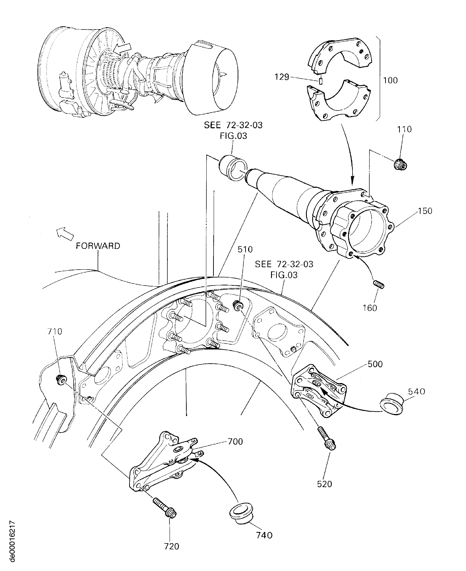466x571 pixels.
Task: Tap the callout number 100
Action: pos(390,80)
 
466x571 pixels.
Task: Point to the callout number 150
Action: pos(425,211)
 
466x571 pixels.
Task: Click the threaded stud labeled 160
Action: pos(379,285)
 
